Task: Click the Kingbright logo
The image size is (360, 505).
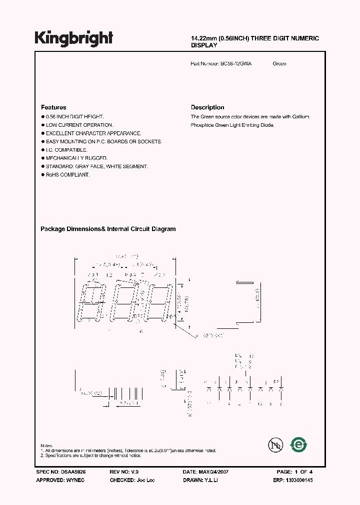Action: [74, 38]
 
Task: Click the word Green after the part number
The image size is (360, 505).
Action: [279, 64]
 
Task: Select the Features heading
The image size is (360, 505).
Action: [53, 107]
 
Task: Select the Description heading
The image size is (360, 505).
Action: [207, 107]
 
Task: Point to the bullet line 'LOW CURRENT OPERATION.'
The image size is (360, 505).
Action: [79, 125]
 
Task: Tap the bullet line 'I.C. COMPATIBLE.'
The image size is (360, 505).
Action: [66, 150]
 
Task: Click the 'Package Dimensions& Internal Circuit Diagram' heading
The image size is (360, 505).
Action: [108, 229]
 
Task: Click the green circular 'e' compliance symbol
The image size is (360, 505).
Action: [299, 444]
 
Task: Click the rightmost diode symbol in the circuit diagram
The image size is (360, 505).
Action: [281, 388]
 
